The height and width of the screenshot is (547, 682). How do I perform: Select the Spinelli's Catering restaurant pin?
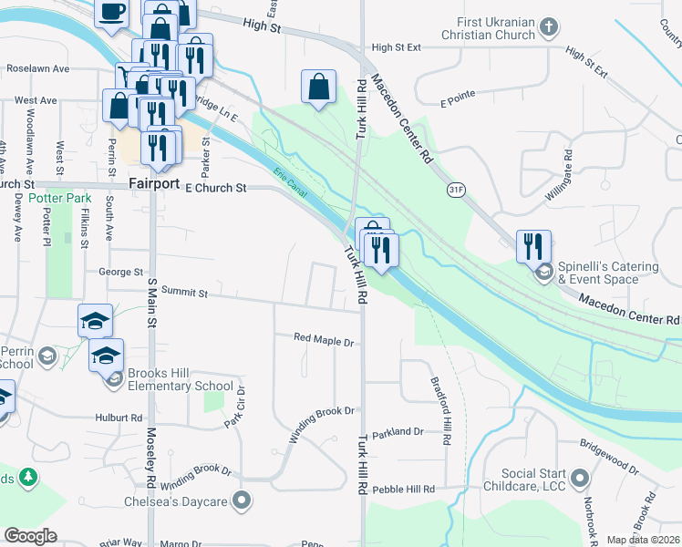[x=534, y=246]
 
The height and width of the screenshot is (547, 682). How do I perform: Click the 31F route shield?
[x=458, y=189]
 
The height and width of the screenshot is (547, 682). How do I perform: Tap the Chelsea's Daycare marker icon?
[x=242, y=500]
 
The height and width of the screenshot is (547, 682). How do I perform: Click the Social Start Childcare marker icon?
[x=578, y=478]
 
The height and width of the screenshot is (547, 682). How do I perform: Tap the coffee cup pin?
[x=111, y=13]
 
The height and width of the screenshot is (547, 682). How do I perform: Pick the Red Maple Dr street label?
[x=324, y=340]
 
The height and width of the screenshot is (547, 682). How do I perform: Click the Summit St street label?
[x=187, y=294]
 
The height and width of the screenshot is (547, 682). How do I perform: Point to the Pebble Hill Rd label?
[x=403, y=490]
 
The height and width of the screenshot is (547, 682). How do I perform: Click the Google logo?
[x=30, y=536]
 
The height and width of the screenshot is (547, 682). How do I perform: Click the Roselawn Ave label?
[x=38, y=69]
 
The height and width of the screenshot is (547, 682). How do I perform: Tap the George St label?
[x=121, y=272]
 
